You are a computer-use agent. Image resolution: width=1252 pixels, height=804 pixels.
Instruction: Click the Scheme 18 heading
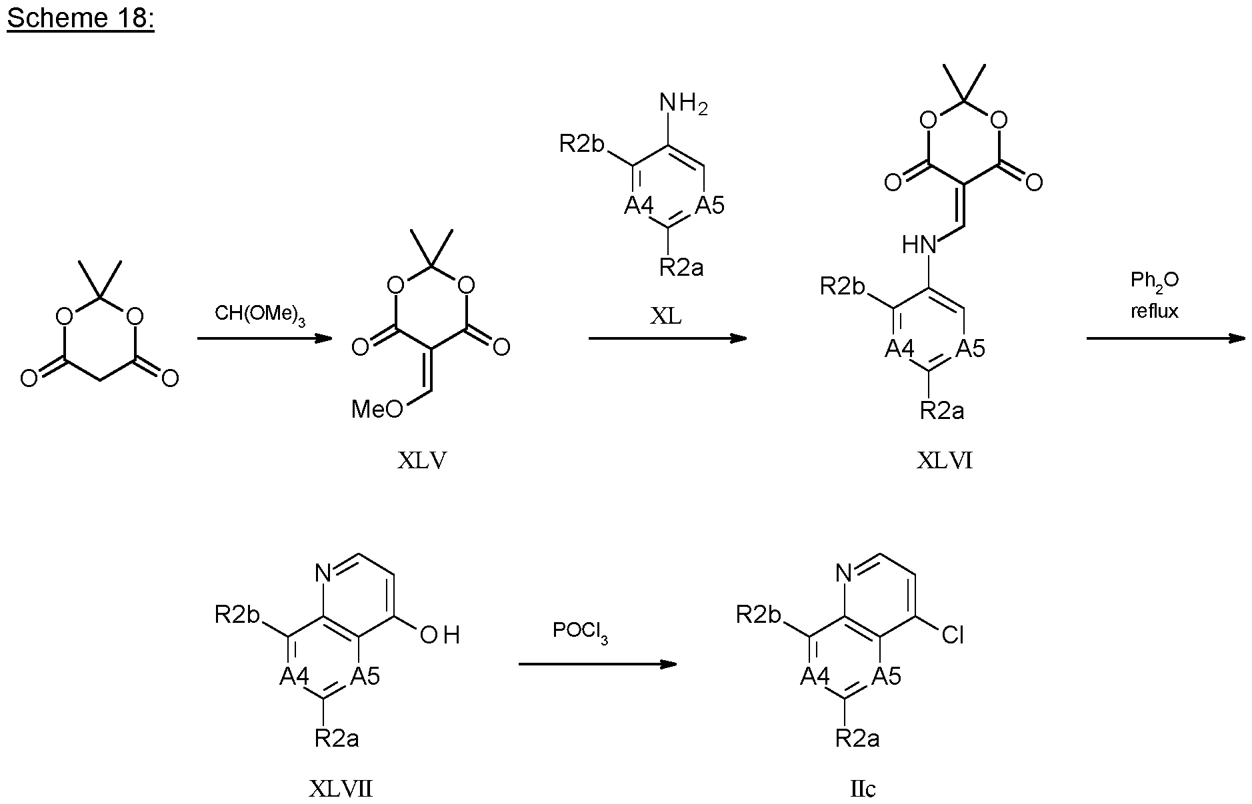click(80, 19)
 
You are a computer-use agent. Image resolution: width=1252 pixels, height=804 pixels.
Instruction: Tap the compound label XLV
click(422, 460)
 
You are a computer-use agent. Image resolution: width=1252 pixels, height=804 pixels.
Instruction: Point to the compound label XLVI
click(944, 460)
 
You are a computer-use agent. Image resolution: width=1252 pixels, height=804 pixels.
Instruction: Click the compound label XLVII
click(341, 789)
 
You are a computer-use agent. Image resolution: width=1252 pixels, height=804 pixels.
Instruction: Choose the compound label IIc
click(863, 789)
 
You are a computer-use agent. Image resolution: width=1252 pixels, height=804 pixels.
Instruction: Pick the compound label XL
click(666, 316)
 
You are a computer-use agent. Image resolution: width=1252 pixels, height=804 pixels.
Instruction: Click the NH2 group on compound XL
click(683, 105)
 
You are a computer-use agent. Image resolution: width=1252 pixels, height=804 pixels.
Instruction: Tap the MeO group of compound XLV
click(377, 409)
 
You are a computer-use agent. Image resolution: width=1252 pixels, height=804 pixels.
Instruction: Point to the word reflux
click(1155, 311)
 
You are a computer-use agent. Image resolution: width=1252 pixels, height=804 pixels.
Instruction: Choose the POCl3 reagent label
click(579, 631)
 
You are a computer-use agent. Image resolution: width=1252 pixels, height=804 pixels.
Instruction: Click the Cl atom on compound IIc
click(953, 635)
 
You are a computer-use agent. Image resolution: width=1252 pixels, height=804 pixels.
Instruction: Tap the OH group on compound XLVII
click(440, 635)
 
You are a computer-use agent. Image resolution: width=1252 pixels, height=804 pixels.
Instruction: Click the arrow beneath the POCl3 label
click(597, 664)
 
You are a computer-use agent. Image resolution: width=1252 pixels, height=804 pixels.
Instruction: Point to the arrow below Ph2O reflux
click(1165, 338)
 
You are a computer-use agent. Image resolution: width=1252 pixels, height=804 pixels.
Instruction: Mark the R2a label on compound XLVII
click(337, 738)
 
